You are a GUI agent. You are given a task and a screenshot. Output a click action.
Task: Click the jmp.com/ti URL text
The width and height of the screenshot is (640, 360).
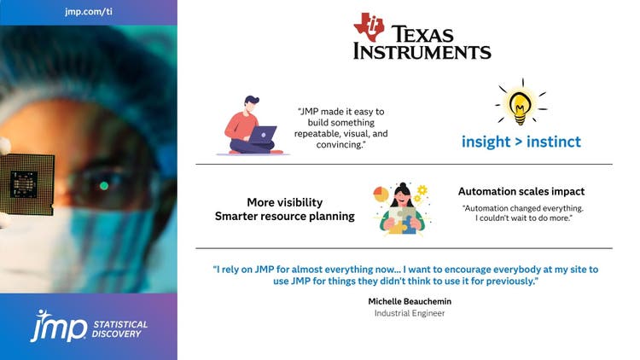point(89,12)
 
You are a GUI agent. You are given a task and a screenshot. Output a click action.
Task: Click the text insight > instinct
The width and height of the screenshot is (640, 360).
point(521,142)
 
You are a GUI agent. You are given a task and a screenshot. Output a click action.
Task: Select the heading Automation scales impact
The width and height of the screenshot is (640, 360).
point(521,192)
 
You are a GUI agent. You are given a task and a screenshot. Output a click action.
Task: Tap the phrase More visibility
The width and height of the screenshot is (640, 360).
point(284,202)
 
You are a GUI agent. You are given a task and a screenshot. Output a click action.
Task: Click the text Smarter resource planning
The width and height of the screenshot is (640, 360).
point(284,217)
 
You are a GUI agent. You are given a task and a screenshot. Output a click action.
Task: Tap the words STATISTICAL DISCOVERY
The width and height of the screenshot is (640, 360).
point(119,328)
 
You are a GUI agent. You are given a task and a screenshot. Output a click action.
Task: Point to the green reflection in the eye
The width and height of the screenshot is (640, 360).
point(104,185)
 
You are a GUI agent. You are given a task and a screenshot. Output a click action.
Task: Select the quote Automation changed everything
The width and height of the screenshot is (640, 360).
point(521,209)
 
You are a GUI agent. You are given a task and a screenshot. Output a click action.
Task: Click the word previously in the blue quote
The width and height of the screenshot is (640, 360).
point(507,281)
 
